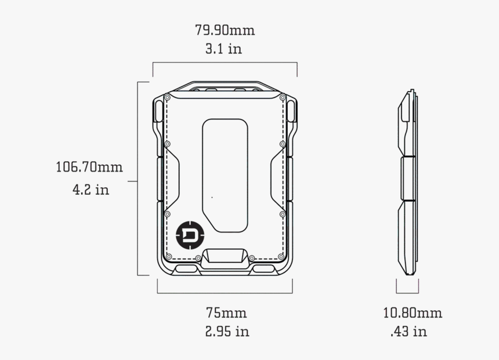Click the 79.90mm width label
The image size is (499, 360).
pyautogui.click(x=225, y=30)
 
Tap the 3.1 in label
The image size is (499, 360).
pyautogui.click(x=223, y=49)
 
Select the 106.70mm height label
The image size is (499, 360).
pyautogui.click(x=89, y=168)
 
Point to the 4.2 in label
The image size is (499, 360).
pyautogui.click(x=91, y=190)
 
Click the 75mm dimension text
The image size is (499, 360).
pyautogui.click(x=226, y=313)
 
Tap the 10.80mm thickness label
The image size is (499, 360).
pyautogui.click(x=413, y=313)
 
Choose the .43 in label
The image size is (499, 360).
pyautogui.click(x=408, y=332)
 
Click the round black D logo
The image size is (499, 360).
pyautogui.click(x=187, y=234)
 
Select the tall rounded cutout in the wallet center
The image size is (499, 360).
pyautogui.click(x=225, y=174)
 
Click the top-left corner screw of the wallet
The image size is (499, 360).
pyautogui.click(x=167, y=98)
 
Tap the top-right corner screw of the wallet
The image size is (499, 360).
pyautogui.click(x=283, y=98)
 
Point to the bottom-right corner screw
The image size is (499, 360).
pyautogui.click(x=282, y=256)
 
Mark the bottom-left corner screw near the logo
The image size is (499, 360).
pyautogui.click(x=168, y=256)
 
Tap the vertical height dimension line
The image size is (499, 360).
pyautogui.click(x=138, y=179)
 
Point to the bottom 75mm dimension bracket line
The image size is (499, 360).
pyautogui.click(x=225, y=293)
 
